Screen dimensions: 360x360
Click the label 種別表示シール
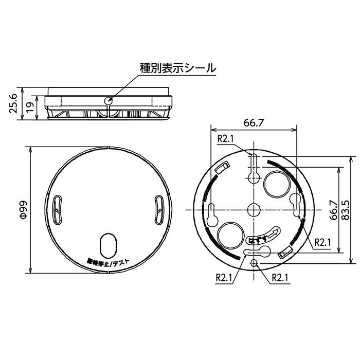[178, 67]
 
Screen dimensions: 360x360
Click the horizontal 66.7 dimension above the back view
[254, 123]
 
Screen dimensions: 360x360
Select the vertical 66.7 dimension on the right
[334, 210]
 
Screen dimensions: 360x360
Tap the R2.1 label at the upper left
[225, 138]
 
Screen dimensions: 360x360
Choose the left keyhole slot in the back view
[212, 212]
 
